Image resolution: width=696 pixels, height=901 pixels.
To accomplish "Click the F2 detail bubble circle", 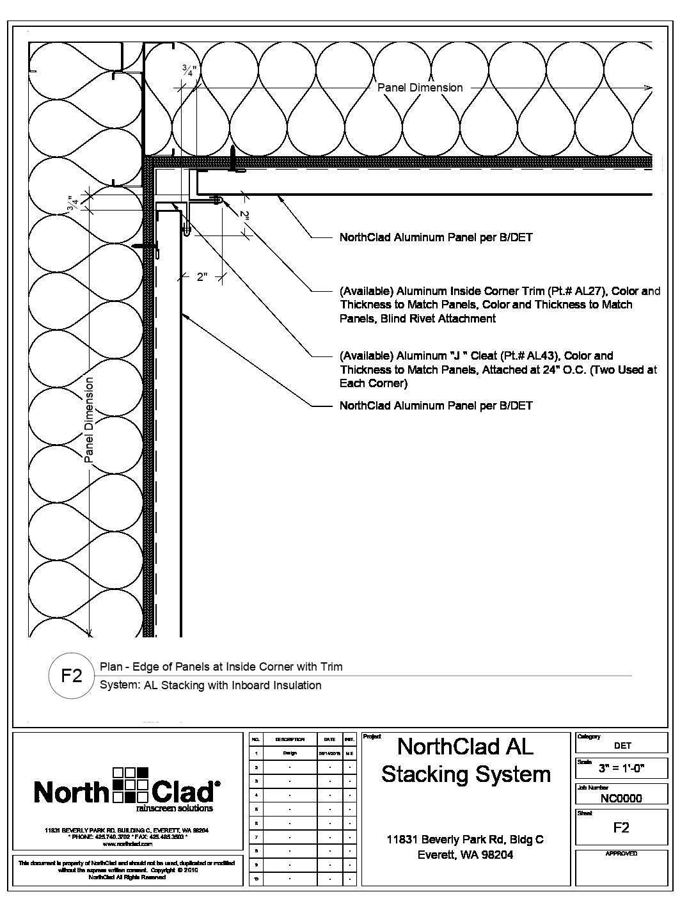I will tap(71, 676).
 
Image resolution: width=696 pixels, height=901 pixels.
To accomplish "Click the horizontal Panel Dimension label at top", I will tap(420, 88).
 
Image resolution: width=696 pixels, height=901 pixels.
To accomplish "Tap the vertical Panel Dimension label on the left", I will tap(89, 420).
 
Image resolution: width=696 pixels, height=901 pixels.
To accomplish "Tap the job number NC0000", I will tap(621, 798).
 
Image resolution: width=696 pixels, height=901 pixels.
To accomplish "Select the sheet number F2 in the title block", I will tap(621, 827).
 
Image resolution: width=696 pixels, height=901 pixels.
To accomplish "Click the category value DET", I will tap(622, 746).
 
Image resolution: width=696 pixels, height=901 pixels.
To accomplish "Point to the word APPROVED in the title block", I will tap(621, 854).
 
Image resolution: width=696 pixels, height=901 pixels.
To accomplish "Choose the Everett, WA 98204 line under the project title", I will tap(465, 854).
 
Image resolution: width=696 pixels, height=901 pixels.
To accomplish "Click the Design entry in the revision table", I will tap(290, 753).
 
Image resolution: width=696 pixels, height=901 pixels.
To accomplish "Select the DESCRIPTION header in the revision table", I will tap(290, 739).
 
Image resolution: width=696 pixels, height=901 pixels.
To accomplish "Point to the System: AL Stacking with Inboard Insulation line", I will tap(210, 685).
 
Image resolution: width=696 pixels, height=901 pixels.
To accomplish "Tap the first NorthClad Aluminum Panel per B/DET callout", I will tap(436, 237).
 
